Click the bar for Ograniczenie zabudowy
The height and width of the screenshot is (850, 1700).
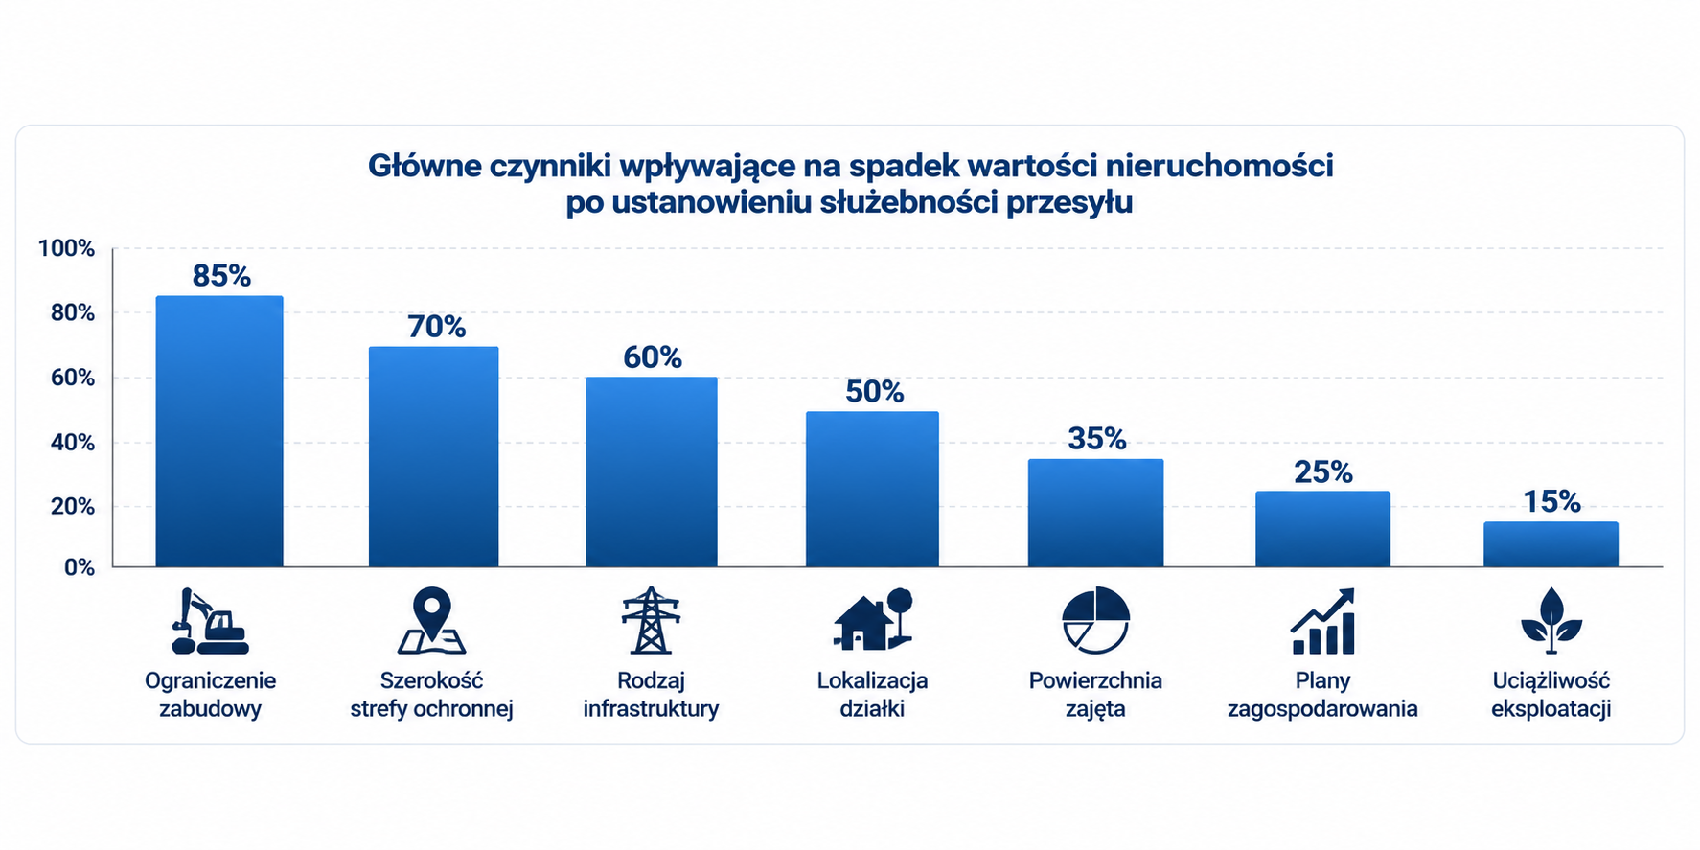(x=219, y=431)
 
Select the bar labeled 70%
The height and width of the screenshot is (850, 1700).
(x=433, y=456)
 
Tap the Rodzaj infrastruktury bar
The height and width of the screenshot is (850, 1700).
(x=652, y=471)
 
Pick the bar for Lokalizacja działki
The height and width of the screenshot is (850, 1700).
(x=872, y=489)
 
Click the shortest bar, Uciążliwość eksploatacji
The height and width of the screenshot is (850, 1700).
(x=1551, y=544)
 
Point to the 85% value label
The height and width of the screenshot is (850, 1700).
(x=221, y=276)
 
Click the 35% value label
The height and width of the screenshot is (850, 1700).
(x=1097, y=439)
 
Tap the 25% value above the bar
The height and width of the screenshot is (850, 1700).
(x=1323, y=471)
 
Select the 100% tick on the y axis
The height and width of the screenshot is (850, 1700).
(x=66, y=249)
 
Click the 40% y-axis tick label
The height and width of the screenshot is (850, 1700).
(x=73, y=443)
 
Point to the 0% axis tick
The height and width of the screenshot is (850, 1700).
(x=80, y=568)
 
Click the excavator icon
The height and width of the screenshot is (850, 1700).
(x=210, y=621)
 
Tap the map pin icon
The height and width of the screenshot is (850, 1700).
(x=431, y=621)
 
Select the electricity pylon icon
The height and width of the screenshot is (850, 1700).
(x=651, y=621)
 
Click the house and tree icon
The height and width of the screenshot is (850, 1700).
(x=872, y=619)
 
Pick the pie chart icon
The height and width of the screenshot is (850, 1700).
(x=1095, y=621)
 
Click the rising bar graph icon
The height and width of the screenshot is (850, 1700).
(x=1322, y=621)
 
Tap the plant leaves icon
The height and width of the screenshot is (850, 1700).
(x=1551, y=621)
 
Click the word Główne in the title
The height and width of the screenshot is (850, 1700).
(x=425, y=166)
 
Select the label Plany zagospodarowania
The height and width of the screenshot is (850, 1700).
(x=1322, y=695)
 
